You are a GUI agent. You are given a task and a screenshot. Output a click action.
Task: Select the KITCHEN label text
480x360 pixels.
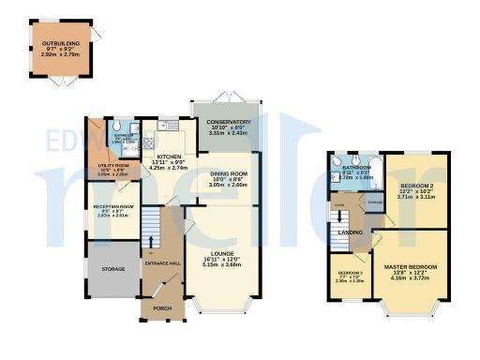pyautogui.click(x=169, y=156)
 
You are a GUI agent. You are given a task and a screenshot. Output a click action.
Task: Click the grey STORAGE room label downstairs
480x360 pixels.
pyautogui.click(x=112, y=270)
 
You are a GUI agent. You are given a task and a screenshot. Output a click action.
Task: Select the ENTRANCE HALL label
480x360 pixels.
pyautogui.click(x=162, y=262)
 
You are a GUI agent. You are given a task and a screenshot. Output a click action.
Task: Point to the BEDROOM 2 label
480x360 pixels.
pyautogui.click(x=417, y=187)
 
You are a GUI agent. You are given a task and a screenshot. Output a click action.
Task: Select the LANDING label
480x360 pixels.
pyautogui.click(x=351, y=232)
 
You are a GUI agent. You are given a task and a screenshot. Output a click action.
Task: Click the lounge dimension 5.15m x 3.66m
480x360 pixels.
pyautogui.click(x=222, y=265)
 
